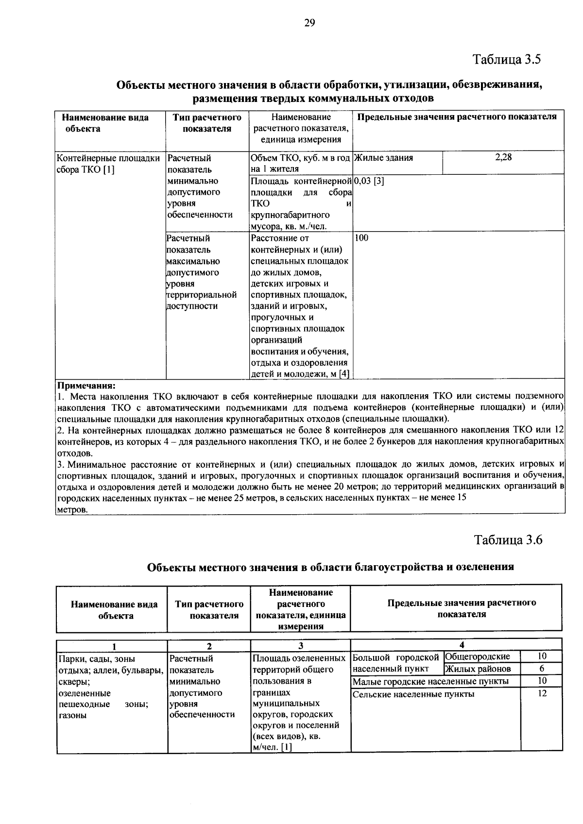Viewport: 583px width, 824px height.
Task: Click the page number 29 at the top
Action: tap(310, 23)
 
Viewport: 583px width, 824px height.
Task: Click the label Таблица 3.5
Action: tap(507, 60)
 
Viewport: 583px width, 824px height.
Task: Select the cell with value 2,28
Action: tap(503, 157)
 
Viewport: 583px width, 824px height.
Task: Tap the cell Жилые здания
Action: tap(384, 158)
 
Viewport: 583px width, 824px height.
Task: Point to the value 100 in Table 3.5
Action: tap(362, 238)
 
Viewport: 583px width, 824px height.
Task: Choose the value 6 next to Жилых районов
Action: tap(542, 669)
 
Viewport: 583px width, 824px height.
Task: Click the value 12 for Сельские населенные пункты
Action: tap(542, 693)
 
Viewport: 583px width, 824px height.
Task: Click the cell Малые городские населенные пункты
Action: tap(430, 681)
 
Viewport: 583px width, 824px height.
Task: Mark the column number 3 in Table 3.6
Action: tap(301, 645)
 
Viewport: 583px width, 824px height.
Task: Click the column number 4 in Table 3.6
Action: tap(462, 644)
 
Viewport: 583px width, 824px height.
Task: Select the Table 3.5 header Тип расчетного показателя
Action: tap(207, 123)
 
